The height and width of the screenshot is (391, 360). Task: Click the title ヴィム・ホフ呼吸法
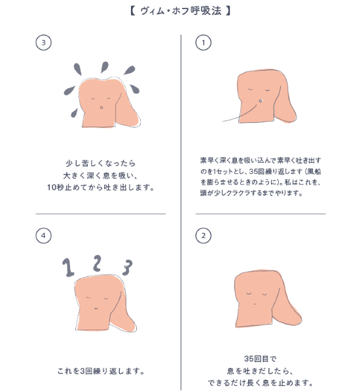coord(180,12)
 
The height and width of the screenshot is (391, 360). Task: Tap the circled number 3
coord(43,42)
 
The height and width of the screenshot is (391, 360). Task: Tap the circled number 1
coord(204,42)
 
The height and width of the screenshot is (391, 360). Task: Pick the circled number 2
coord(204,235)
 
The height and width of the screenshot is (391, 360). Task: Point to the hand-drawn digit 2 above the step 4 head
coord(97,262)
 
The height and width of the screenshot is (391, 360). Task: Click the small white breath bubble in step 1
coord(261,100)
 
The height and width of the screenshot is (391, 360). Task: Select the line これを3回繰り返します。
coord(100,371)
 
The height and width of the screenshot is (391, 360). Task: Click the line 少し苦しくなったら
coord(100,162)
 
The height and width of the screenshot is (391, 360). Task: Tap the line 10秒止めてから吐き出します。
coord(100,187)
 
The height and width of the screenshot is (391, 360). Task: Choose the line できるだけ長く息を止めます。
coord(261,383)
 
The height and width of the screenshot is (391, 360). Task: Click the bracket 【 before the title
coord(133,12)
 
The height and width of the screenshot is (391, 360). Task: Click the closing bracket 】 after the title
coord(228,12)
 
